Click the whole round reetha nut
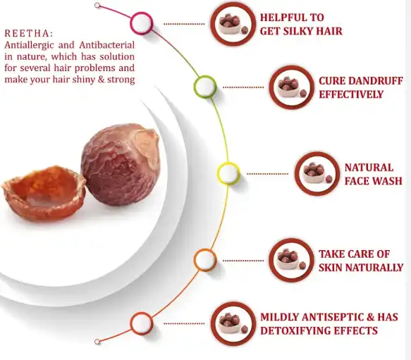click(x=119, y=164)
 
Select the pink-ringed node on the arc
click(x=142, y=23)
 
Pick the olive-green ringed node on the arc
click(x=205, y=87)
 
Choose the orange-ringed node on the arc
click(x=205, y=260)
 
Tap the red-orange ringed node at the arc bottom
click(x=142, y=323)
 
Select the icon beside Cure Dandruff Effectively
click(x=290, y=87)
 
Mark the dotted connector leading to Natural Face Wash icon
click(x=267, y=173)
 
